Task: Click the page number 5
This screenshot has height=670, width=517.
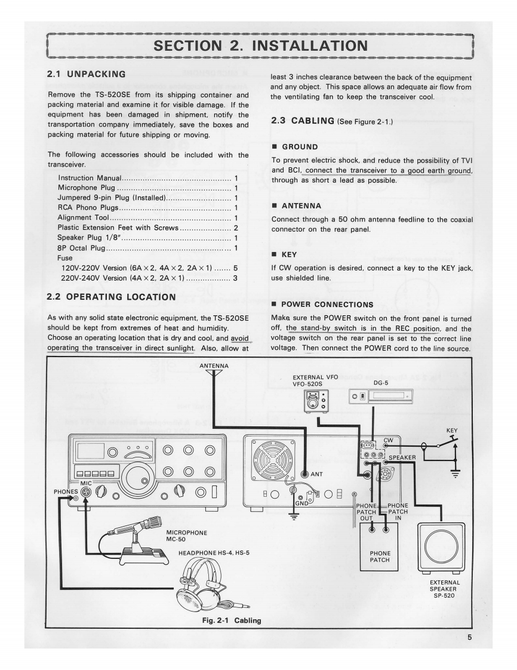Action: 470,637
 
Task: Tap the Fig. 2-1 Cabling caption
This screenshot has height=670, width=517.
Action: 231,620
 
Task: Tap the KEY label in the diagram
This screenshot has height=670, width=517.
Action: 451,430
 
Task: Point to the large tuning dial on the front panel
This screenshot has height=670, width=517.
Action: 136,473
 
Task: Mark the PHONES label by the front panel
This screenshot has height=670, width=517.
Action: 65,492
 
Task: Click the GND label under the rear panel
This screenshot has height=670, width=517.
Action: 302,503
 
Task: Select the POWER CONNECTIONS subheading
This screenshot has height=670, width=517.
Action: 327,305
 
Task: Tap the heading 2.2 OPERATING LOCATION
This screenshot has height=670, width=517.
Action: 111,297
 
